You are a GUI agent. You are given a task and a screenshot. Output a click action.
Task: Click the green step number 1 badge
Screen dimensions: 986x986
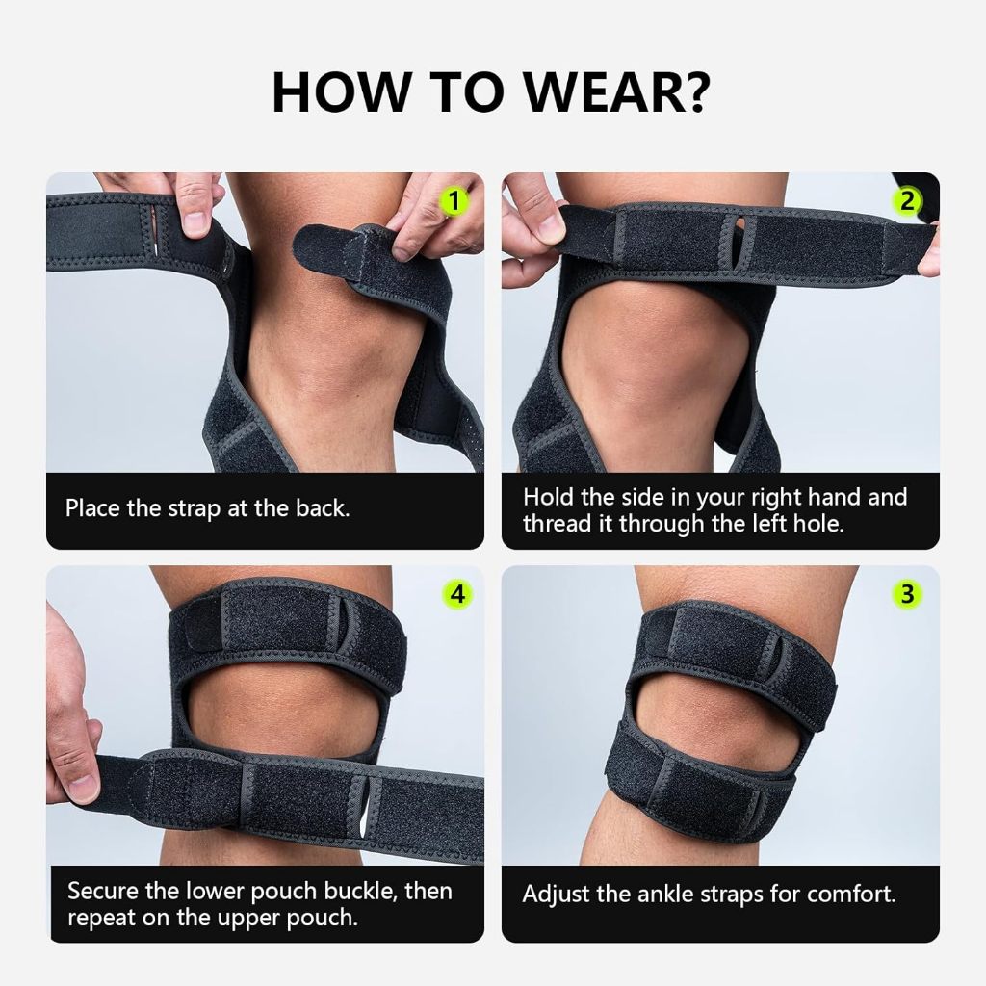tap(454, 201)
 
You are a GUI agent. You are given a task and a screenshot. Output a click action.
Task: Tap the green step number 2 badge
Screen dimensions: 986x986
tap(907, 201)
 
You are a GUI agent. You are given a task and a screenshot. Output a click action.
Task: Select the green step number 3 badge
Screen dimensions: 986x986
tap(907, 593)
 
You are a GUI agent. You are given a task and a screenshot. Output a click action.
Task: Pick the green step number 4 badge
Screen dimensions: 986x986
tap(457, 593)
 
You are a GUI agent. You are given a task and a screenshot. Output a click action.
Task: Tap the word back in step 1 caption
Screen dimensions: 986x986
tap(322, 508)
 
